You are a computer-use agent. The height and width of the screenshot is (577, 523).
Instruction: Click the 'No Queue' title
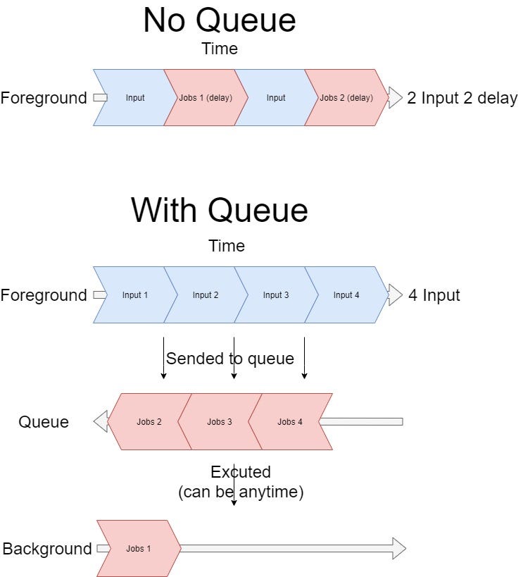point(219,20)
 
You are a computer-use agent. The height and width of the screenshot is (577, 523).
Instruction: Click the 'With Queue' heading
point(219,210)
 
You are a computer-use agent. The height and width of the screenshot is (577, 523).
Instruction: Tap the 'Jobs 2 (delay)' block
point(346,98)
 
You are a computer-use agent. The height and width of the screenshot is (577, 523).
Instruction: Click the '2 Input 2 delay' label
point(462,98)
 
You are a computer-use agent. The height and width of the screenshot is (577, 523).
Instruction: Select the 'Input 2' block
point(206,295)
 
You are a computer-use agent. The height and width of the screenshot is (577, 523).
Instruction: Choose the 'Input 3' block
point(276,295)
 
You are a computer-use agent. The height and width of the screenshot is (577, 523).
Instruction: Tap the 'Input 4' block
point(346,295)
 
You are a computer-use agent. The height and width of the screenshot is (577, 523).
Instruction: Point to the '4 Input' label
point(434,295)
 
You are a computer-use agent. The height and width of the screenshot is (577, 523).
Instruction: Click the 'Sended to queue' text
point(229,359)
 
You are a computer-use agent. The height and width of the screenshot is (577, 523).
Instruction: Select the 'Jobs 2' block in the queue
point(149,422)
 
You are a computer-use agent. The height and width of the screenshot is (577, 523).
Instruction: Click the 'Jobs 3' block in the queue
point(220,422)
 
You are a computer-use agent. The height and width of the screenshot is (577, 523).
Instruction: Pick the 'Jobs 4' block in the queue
point(290,422)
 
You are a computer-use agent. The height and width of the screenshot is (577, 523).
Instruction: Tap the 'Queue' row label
point(44,422)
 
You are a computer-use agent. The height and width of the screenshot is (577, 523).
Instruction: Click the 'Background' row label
point(47,549)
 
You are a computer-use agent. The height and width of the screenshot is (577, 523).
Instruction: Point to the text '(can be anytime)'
point(241,492)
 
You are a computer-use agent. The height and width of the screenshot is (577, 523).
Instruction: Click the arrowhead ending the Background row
point(399,548)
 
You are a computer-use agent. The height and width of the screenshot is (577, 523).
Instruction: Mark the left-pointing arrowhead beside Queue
point(101,422)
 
